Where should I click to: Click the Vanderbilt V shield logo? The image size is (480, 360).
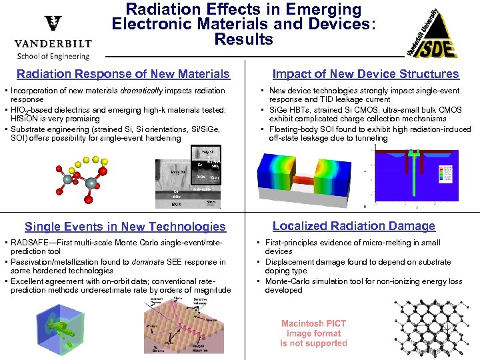click(52, 25)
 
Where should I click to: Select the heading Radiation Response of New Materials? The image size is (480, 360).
click(123, 74)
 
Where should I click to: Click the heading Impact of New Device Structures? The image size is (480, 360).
click(365, 74)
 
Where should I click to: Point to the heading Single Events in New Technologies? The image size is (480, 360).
click(125, 227)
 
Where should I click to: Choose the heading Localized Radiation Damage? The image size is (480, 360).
click(353, 226)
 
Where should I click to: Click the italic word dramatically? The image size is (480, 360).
click(141, 90)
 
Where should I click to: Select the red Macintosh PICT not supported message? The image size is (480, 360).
click(313, 333)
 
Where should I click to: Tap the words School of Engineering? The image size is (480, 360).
click(53, 56)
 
